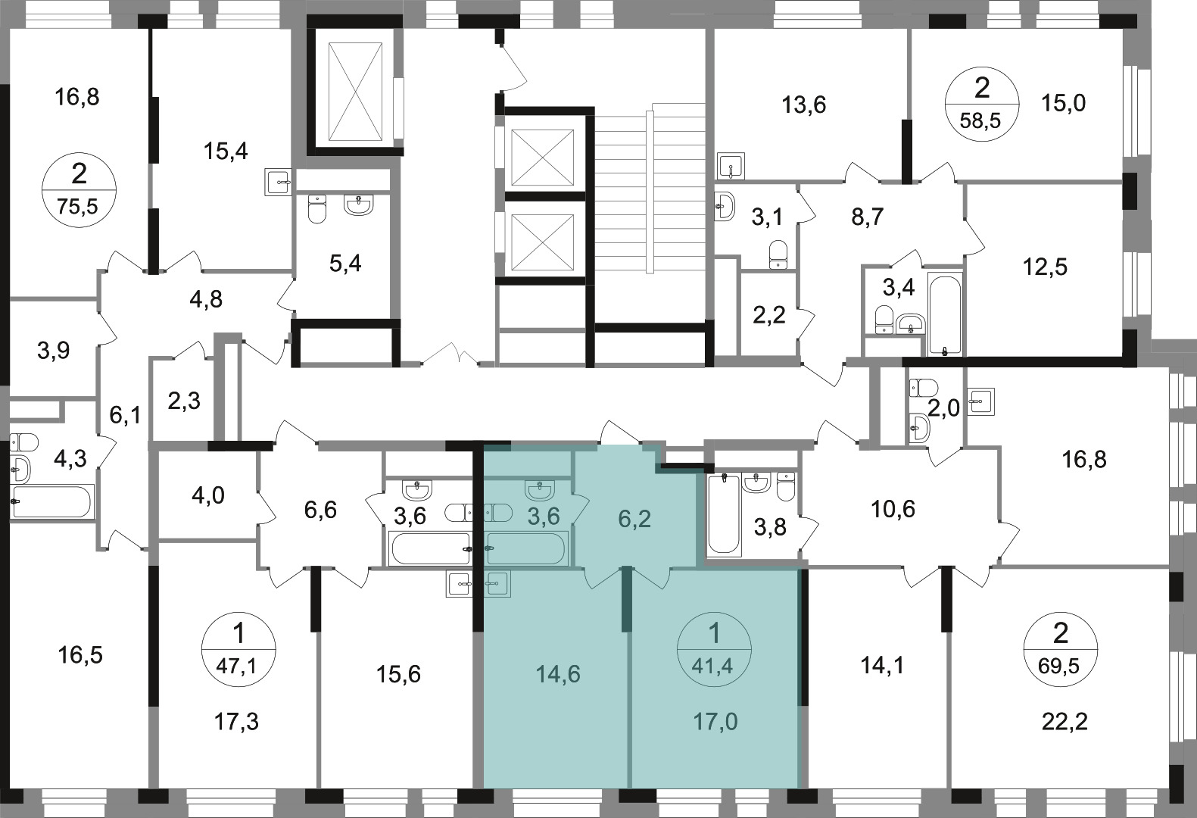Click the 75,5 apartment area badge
click(x=79, y=190)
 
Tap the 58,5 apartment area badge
click(x=982, y=105)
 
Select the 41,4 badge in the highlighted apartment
click(x=714, y=650)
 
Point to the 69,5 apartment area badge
click(x=1060, y=650)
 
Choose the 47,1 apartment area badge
click(x=238, y=650)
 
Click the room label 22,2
click(x=1065, y=722)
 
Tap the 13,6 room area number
click(x=804, y=105)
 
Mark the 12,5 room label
click(x=1045, y=267)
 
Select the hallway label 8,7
click(x=868, y=217)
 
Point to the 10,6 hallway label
click(x=893, y=509)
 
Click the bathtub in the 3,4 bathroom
click(x=946, y=314)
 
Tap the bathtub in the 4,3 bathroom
click(x=51, y=501)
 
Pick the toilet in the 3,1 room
click(x=778, y=254)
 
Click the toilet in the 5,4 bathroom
click(x=317, y=208)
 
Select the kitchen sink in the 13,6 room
click(x=731, y=166)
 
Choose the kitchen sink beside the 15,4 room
click(x=279, y=182)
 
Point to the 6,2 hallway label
click(x=634, y=519)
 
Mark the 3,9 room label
click(x=54, y=351)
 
